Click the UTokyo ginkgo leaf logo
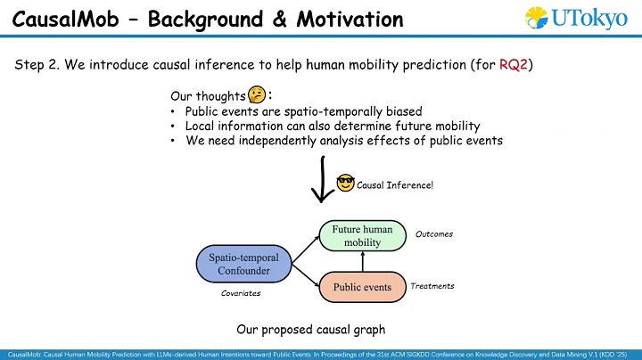(535, 18)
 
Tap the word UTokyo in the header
(588, 19)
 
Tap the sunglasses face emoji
(345, 184)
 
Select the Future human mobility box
(362, 235)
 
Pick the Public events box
(362, 287)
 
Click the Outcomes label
(434, 234)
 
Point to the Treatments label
(432, 286)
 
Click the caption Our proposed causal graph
(310, 329)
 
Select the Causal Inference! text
(395, 184)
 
